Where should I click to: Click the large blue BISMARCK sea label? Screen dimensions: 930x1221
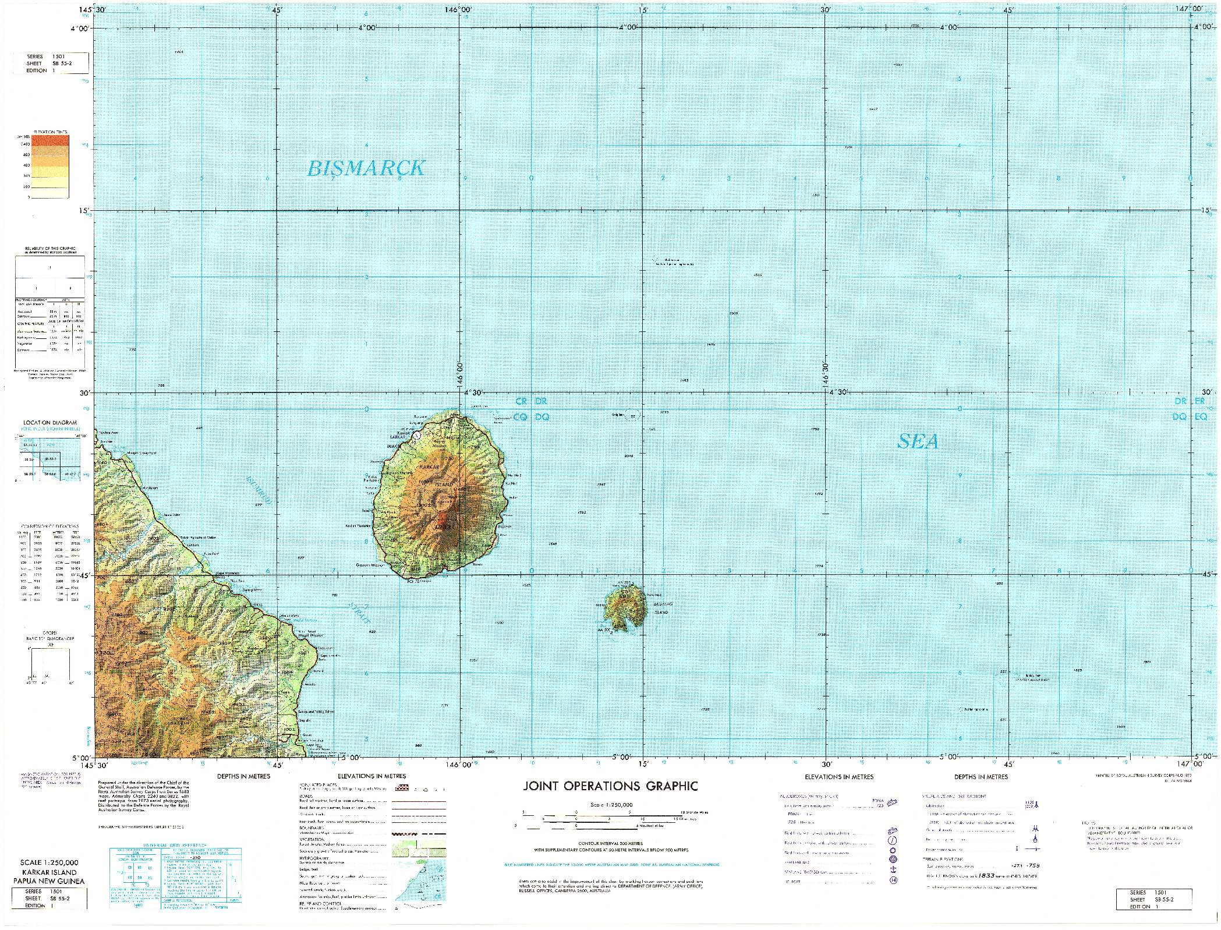366,168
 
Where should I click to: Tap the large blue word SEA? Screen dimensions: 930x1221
918,442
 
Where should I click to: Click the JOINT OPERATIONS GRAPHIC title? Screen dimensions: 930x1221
610,787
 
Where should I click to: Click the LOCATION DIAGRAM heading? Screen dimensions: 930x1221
50,422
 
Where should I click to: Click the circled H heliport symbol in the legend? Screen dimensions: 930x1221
893,880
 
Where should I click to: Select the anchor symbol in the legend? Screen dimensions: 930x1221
893,869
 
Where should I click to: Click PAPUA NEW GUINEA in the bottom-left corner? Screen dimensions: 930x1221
49,881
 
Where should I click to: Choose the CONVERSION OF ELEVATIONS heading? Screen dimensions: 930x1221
50,526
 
